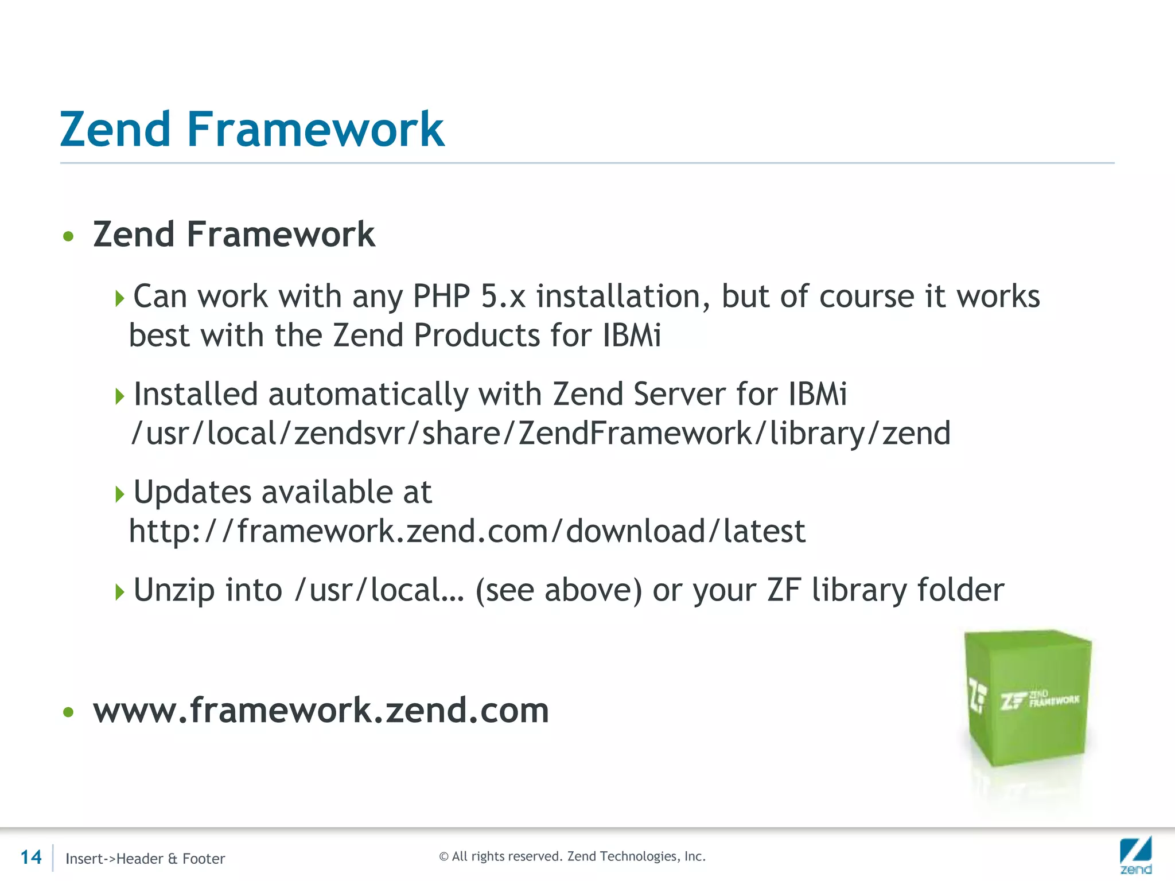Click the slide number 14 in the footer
[31, 857]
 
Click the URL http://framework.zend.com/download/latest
[467, 531]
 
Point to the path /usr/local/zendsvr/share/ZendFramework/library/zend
[540, 433]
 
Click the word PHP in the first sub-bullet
[441, 297]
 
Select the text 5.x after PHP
[503, 297]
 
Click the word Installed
[196, 394]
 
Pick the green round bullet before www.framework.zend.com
[69, 712]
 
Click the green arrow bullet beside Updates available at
[119, 494]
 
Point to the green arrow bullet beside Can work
[119, 298]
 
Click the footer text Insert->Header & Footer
[145, 859]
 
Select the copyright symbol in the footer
[443, 857]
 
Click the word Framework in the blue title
[315, 129]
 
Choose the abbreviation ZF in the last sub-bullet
[784, 590]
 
